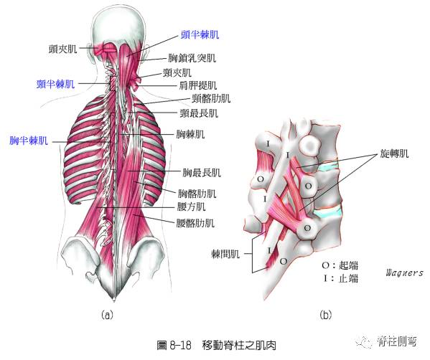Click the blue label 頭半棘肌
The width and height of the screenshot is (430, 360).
pyautogui.click(x=200, y=35)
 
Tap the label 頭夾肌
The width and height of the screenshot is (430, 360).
pyautogui.click(x=62, y=49)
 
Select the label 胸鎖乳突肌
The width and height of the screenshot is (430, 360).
pyautogui.click(x=192, y=58)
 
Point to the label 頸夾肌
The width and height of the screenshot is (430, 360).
pyautogui.click(x=177, y=72)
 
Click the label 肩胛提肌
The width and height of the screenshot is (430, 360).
pyautogui.click(x=197, y=85)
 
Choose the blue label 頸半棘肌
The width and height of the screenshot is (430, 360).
pyautogui.click(x=56, y=84)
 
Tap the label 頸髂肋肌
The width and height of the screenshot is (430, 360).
pyautogui.click(x=211, y=98)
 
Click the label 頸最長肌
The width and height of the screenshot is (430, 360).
pyautogui.click(x=199, y=113)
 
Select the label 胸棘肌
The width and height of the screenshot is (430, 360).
pyautogui.click(x=190, y=134)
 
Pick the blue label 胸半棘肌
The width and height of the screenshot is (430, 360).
pyautogui.click(x=29, y=141)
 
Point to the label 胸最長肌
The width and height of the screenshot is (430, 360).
pyautogui.click(x=202, y=173)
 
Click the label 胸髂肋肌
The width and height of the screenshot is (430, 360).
pyautogui.click(x=197, y=194)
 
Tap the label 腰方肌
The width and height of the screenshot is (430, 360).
pyautogui.click(x=191, y=207)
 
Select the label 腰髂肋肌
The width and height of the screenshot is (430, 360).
pyautogui.click(x=195, y=223)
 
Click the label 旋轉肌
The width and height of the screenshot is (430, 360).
pyautogui.click(x=394, y=153)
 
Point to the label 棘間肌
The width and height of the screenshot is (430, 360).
pyautogui.click(x=225, y=255)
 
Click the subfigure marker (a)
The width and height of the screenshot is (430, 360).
pyautogui.click(x=107, y=315)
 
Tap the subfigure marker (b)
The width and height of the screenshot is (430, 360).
pyautogui.click(x=325, y=315)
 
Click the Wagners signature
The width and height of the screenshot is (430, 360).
pyautogui.click(x=405, y=273)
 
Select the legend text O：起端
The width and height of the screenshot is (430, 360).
pyautogui.click(x=340, y=265)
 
